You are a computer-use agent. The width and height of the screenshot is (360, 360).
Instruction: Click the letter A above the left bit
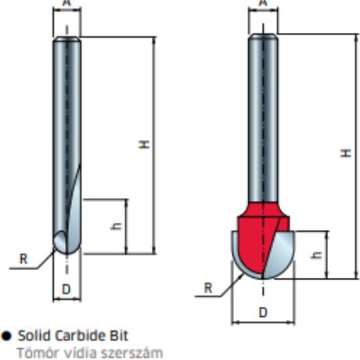[x=67, y=2]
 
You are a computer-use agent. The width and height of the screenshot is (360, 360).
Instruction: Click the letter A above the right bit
[x=264, y=2]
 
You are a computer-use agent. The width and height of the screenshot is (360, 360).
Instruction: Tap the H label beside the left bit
[x=144, y=144]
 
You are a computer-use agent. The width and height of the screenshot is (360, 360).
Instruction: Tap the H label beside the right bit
[x=346, y=153]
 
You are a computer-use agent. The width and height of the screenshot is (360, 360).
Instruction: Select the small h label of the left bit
[x=116, y=226]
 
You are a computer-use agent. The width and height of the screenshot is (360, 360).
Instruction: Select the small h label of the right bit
[x=316, y=255]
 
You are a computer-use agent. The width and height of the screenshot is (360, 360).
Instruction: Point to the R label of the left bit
[x=23, y=259]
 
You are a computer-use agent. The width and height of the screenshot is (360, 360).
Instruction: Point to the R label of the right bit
[x=208, y=288]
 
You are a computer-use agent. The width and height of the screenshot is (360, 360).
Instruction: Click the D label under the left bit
[x=67, y=290]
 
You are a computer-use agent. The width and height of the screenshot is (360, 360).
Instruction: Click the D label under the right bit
[x=263, y=312]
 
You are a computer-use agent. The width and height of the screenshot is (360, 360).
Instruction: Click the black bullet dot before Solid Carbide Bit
[x=6, y=336]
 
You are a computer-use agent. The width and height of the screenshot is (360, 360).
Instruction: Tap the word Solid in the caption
[x=34, y=336]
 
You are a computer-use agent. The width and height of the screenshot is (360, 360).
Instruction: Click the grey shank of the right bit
[x=263, y=117]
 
